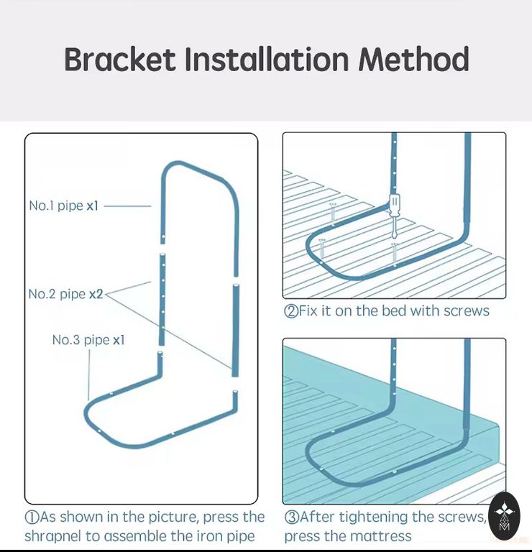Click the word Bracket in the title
coord(120,59)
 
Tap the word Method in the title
coord(413,59)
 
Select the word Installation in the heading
coord(267,59)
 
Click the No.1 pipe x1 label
coord(63,206)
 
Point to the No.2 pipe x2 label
coord(65,294)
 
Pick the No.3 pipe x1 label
coord(88,340)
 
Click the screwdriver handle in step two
coord(395,203)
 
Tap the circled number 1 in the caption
coord(32,517)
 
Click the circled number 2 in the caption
coord(291,311)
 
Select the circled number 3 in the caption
coord(291,517)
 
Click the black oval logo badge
coord(504,517)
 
